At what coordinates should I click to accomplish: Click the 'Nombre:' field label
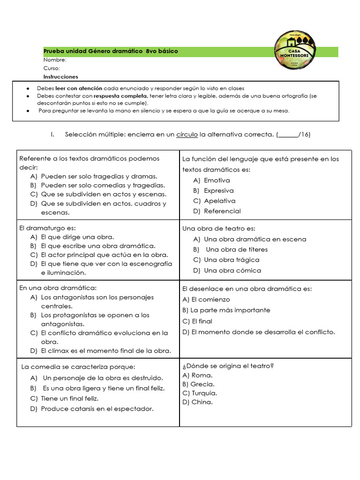click(x=55, y=60)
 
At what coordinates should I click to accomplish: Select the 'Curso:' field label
click(x=52, y=68)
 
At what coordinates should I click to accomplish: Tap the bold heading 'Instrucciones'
click(x=61, y=76)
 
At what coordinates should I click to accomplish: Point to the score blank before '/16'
click(x=288, y=135)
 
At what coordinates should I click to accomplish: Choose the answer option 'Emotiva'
click(x=217, y=180)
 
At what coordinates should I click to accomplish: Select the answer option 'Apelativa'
click(x=219, y=201)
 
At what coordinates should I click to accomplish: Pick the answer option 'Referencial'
click(x=222, y=211)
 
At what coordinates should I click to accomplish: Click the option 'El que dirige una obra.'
click(x=77, y=237)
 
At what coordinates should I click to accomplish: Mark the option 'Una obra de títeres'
click(x=237, y=249)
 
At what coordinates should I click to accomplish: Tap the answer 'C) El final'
click(x=197, y=321)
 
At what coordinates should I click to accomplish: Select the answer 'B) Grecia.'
click(x=198, y=384)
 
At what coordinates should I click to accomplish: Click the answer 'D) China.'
click(x=197, y=402)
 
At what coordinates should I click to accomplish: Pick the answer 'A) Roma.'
click(x=197, y=375)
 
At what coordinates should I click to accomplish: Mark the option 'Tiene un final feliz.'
click(x=69, y=398)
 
